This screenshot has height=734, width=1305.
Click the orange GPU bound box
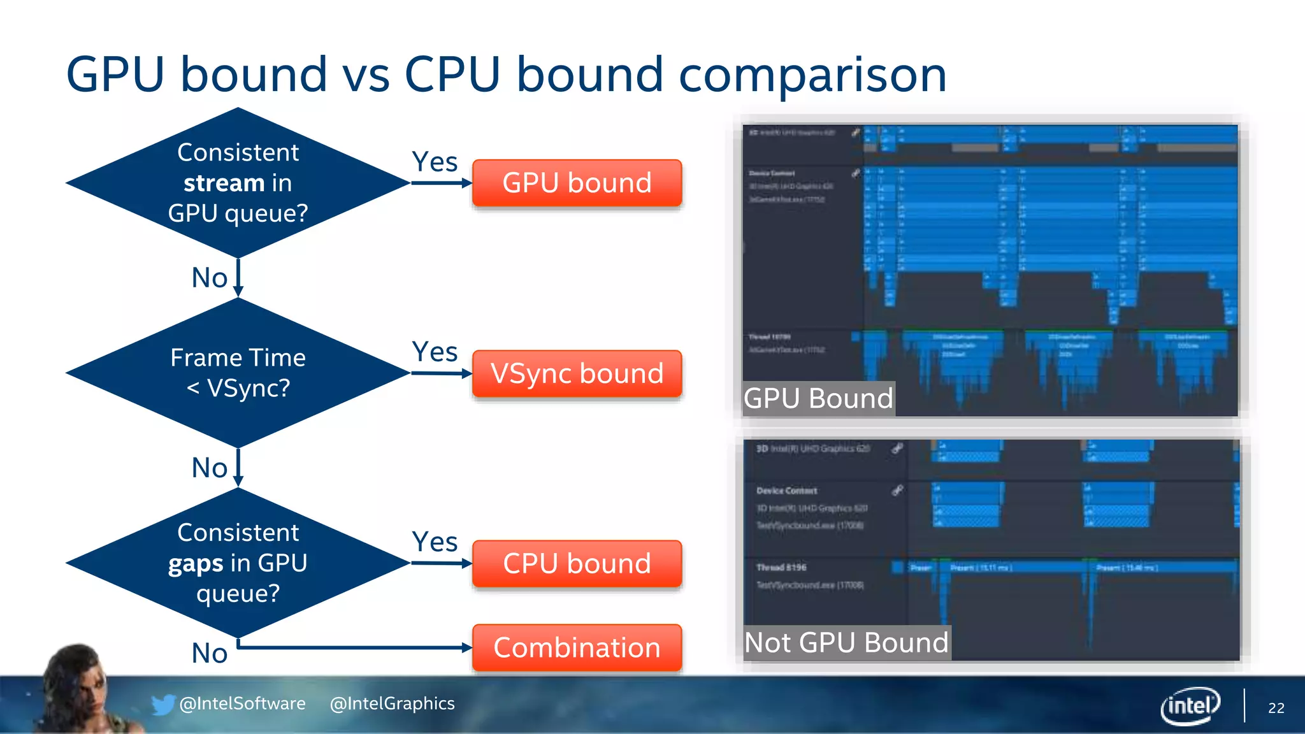(577, 183)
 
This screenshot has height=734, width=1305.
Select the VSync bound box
(577, 373)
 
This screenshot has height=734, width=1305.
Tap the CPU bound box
(577, 563)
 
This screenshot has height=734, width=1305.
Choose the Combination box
(577, 647)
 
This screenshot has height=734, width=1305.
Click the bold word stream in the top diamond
(224, 183)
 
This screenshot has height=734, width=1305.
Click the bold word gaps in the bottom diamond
(196, 564)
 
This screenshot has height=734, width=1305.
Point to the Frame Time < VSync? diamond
(238, 373)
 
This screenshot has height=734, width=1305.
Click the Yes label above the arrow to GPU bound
(435, 162)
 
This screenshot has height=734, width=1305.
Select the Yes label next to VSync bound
(435, 352)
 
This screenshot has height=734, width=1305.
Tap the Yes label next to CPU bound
(435, 542)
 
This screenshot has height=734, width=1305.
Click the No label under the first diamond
(210, 278)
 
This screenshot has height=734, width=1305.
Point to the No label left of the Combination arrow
(210, 653)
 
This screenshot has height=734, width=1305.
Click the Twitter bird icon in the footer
(162, 705)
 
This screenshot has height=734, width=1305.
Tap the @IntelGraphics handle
(392, 703)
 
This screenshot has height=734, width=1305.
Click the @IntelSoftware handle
(242, 703)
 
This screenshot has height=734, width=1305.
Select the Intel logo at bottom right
(1190, 705)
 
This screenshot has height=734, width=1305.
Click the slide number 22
(1276, 708)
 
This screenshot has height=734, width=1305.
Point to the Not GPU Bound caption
(846, 643)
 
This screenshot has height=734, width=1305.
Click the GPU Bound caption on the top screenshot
(818, 399)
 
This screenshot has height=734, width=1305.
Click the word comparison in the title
(812, 75)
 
